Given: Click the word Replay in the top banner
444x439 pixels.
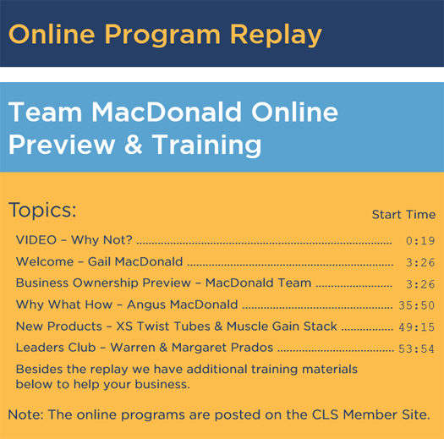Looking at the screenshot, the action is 276,36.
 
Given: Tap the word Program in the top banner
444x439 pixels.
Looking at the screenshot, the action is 162,36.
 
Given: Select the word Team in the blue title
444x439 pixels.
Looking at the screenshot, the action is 46,112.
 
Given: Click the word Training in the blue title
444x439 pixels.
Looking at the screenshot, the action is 206,145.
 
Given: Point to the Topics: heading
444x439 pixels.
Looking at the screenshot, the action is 42,210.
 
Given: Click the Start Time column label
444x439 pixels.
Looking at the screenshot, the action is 403,214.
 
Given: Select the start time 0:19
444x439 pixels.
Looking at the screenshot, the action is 420,241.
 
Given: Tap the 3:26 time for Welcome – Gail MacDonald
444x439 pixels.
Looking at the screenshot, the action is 420,262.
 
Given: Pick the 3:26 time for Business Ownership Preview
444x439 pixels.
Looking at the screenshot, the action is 420,284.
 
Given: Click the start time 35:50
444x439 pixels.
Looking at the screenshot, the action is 417,305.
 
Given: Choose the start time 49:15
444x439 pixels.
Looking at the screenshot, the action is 417,327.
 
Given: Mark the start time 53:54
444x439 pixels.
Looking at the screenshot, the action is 417,348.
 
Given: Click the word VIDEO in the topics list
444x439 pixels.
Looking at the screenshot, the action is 36,240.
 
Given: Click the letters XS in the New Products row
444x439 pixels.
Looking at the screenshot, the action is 124,327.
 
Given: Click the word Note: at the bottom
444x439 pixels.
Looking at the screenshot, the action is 25,414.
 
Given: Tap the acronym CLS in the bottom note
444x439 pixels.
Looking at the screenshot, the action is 326,414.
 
